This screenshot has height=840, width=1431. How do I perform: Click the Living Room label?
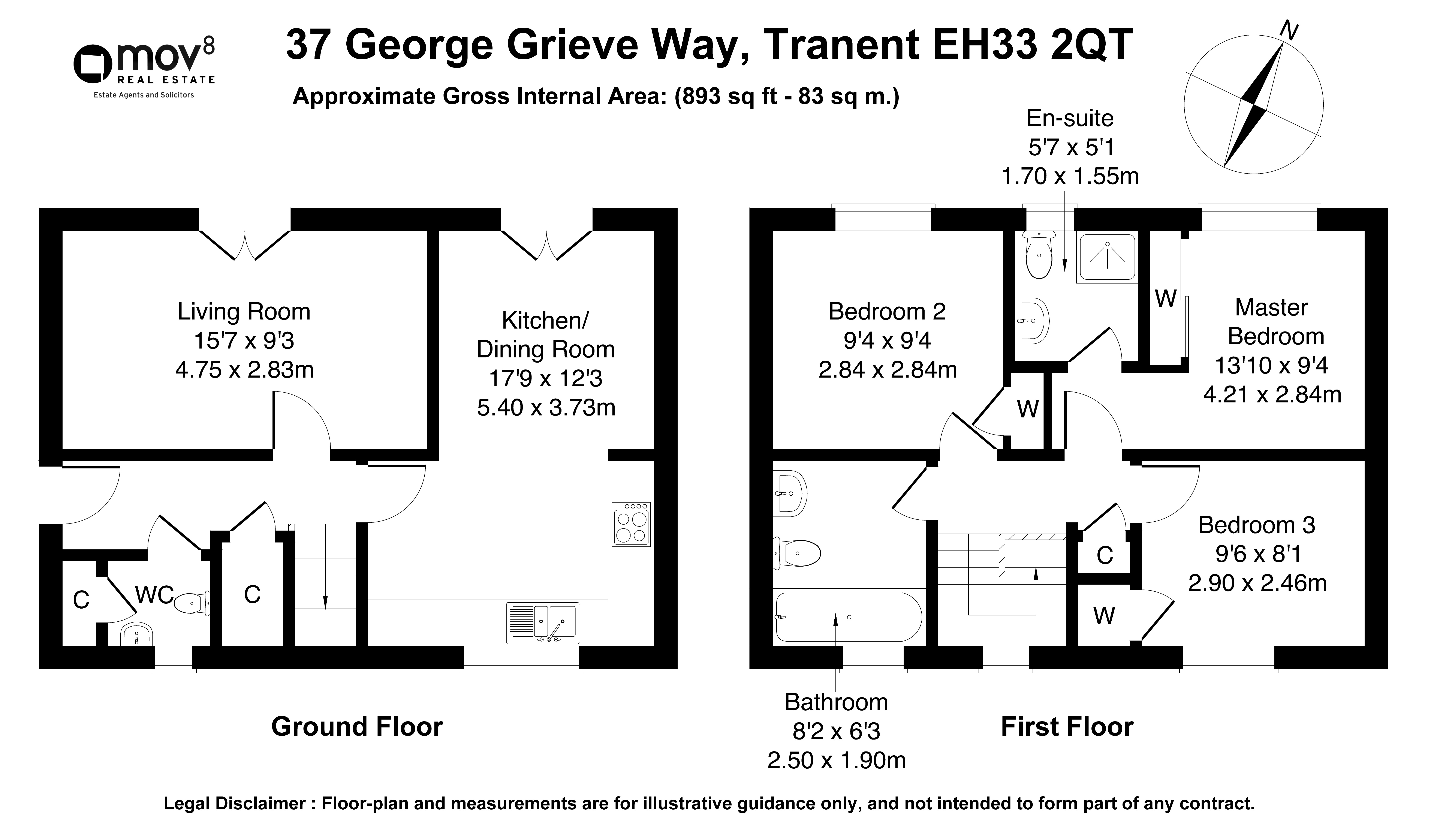244,312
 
